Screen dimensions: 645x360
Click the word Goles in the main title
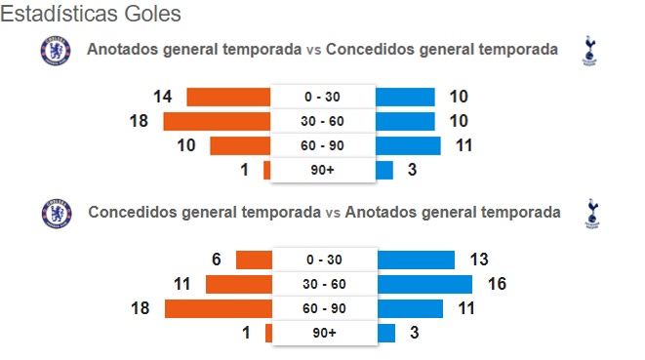pos(152,14)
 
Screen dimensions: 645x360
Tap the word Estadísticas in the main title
pos(60,14)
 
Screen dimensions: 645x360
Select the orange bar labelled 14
pos(228,98)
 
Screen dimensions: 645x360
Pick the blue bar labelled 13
pos(416,260)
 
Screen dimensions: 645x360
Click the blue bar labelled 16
pos(424,284)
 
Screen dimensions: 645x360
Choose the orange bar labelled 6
pos(254,260)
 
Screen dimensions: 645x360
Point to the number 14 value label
pos(163,97)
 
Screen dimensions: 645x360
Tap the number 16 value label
pos(497,284)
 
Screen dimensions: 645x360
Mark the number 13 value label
pos(479,260)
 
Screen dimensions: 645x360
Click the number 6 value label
pos(217,260)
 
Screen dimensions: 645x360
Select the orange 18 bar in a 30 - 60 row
pos(217,121)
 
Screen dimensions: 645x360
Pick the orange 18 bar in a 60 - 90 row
pos(219,309)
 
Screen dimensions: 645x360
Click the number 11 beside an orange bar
pos(181,284)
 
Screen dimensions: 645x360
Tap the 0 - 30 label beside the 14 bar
pos(322,97)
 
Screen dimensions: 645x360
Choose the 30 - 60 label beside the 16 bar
pos(324,284)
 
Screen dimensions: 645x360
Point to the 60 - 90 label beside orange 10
pos(322,145)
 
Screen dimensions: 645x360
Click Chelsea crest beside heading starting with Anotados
pos(56,51)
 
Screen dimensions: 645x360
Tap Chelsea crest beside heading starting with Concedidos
pos(57,214)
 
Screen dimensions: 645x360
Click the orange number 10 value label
pos(186,145)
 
